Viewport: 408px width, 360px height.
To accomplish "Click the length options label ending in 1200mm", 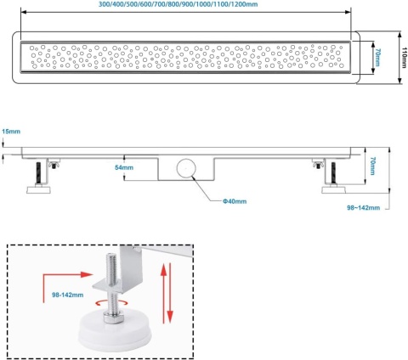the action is point(178,4).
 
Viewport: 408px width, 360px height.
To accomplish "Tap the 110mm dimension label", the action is point(404,58).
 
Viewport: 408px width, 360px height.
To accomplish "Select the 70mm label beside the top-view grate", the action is point(377,58).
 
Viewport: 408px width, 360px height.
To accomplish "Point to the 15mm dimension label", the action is point(11,132).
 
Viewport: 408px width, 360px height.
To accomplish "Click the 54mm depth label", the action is point(124,167).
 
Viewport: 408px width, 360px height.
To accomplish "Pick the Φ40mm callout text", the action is point(235,201).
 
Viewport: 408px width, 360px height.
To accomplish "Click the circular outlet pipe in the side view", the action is point(186,168).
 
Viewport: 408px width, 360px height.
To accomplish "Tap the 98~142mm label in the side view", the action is point(364,208).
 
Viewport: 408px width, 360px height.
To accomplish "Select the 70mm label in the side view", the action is point(372,166).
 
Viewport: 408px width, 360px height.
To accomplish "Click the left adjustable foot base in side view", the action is point(39,189).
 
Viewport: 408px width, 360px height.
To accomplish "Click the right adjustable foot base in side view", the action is point(334,189).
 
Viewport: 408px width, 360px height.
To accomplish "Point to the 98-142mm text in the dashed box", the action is point(68,295).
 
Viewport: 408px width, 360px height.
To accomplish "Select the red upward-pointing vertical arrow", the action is point(163,293).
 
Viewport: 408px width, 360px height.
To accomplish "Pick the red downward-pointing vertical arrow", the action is point(170,293).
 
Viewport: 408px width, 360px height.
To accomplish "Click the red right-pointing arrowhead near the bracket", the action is point(87,274).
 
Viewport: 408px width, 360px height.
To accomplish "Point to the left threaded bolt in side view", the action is point(39,172).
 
